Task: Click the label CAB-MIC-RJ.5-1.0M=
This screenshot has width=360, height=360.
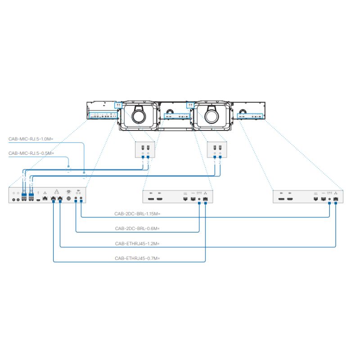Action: (31, 139)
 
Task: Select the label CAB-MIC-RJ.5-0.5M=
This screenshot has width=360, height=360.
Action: (31, 153)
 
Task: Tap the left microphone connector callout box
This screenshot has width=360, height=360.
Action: (145, 150)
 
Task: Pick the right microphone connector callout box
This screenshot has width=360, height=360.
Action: (217, 150)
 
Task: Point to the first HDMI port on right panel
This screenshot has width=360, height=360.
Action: (281, 198)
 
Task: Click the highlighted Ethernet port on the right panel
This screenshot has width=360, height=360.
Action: (336, 198)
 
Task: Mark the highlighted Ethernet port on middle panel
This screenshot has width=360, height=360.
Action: (205, 198)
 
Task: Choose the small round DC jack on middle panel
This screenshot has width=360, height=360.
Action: (199, 198)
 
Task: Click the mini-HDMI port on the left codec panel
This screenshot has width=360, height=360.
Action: (38, 199)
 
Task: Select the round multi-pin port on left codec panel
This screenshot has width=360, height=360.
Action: (68, 198)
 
